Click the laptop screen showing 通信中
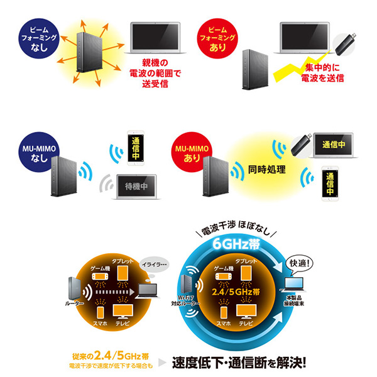click(x=334, y=144)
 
